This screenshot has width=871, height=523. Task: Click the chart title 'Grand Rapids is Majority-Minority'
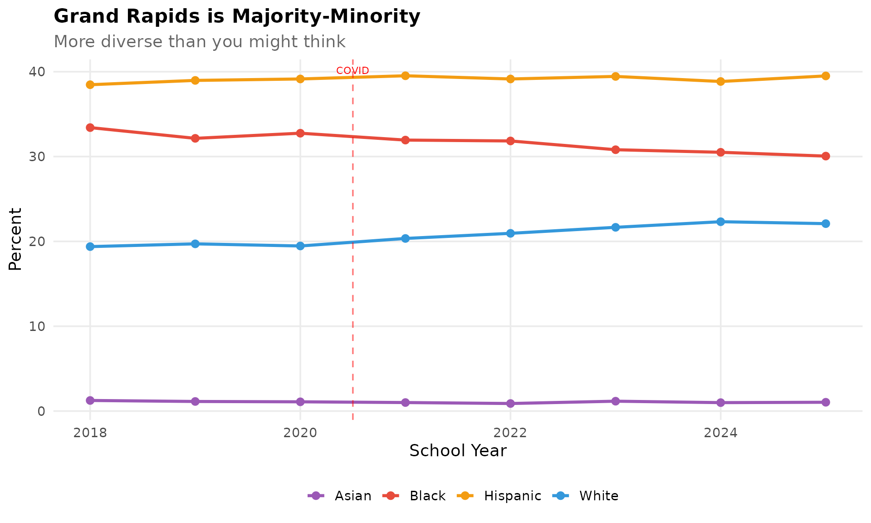[237, 17]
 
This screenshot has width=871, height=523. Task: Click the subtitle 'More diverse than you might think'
[200, 42]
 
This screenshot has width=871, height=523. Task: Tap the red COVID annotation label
[352, 71]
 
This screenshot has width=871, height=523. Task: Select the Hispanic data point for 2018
[90, 84]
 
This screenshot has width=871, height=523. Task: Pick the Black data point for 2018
[90, 128]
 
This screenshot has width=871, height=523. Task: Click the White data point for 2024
[720, 222]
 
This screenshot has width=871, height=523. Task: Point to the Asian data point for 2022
[510, 403]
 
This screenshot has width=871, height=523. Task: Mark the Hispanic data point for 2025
[826, 76]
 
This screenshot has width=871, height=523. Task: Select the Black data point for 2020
[300, 133]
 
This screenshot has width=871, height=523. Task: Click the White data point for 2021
[405, 238]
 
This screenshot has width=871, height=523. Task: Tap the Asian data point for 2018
[90, 400]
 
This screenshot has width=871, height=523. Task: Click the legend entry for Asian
[340, 496]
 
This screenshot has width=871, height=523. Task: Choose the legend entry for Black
[415, 496]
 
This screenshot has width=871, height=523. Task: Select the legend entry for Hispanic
[499, 496]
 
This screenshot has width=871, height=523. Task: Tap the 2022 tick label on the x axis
[510, 433]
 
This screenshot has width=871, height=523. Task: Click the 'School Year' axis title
[458, 451]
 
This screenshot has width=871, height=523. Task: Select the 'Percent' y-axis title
[15, 239]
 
